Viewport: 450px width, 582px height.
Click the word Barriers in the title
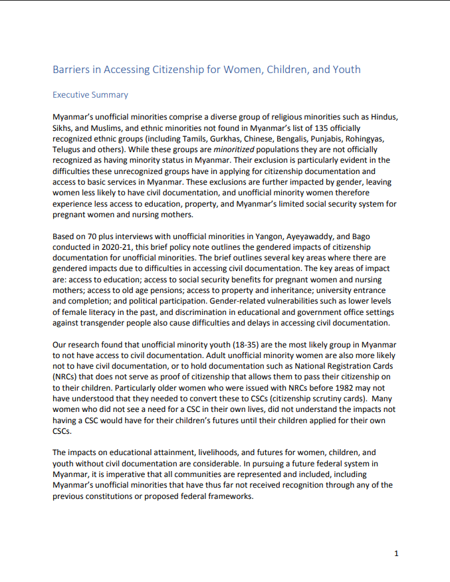(x=71, y=70)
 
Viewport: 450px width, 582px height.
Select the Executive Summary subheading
(x=90, y=95)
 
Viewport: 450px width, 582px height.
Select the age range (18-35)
(x=226, y=345)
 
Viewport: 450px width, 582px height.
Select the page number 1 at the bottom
(x=396, y=553)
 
